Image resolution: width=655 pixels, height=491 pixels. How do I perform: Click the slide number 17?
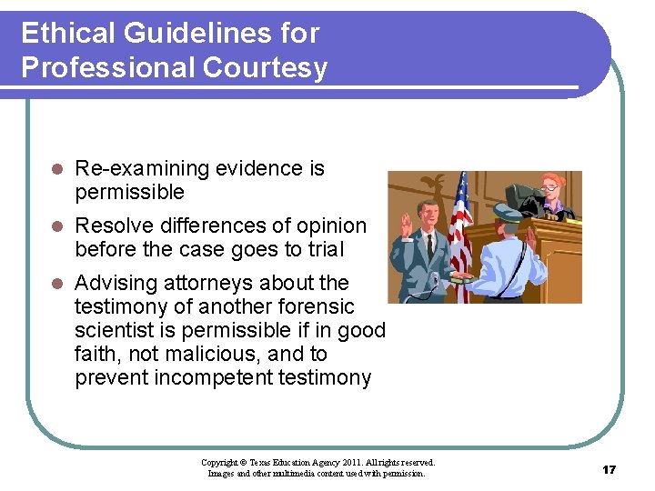coord(609,469)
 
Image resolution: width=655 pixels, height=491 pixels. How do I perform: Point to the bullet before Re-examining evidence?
coord(56,169)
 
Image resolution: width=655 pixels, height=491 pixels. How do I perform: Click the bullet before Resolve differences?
coord(56,226)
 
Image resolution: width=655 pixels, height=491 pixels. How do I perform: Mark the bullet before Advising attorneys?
coord(56,284)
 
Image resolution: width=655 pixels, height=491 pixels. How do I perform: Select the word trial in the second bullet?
coord(324,250)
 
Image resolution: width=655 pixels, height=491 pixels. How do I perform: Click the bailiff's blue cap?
coord(507,213)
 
